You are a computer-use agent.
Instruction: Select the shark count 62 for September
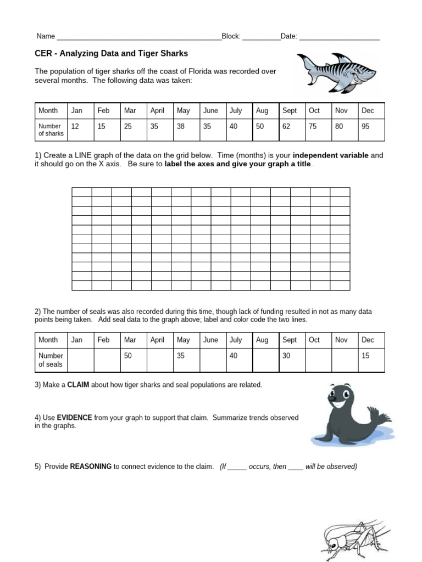click(x=287, y=126)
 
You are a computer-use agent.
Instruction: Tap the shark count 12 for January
click(x=75, y=126)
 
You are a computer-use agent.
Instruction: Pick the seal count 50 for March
click(x=129, y=356)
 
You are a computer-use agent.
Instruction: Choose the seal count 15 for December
click(x=365, y=356)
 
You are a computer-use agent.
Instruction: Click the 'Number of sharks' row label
click(x=51, y=130)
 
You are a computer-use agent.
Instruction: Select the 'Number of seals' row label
click(x=51, y=359)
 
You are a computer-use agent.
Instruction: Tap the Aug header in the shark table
click(x=262, y=110)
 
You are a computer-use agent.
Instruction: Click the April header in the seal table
click(x=157, y=340)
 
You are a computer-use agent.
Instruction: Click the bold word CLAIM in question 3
click(x=78, y=385)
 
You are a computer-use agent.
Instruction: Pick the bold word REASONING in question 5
click(x=91, y=467)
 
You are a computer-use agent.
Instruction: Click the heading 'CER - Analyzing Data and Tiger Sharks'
click(x=112, y=54)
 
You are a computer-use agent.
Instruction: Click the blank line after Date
click(x=339, y=37)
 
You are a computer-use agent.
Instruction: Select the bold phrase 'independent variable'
click(x=332, y=155)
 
